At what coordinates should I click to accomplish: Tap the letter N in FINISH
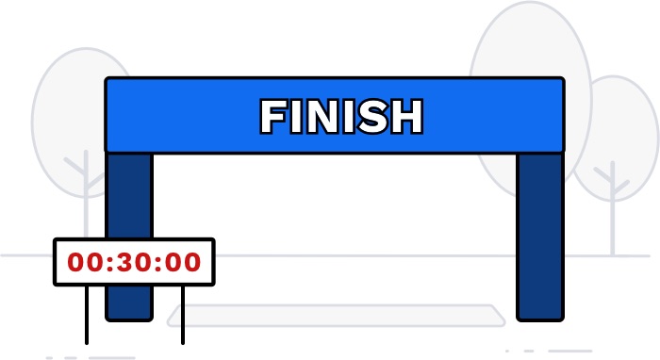pos(321,117)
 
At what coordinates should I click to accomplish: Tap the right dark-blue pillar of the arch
pos(539,236)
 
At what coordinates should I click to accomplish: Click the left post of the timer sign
pos(87,316)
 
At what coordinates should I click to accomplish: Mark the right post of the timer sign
pos(182,316)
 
